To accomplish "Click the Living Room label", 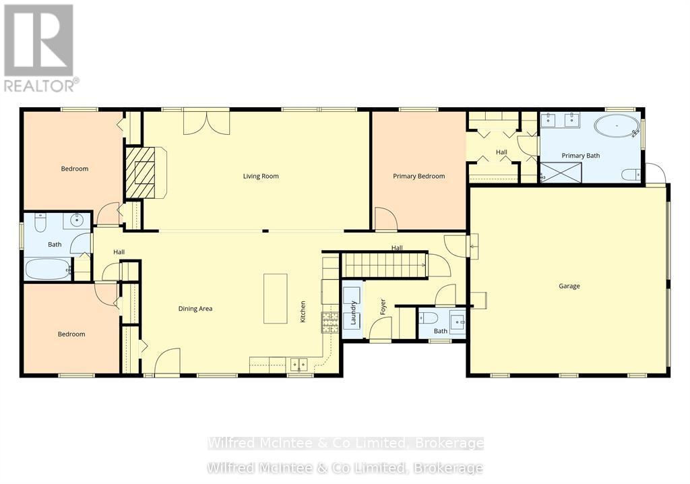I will click(261, 177).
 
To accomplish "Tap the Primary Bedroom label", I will click(418, 177).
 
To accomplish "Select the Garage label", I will click(569, 286).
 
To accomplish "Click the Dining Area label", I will click(195, 309).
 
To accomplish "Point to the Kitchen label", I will click(303, 311).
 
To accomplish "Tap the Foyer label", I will click(383, 307).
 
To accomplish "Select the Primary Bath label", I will click(580, 156).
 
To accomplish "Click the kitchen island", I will click(275, 298).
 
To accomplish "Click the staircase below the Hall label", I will click(384, 265).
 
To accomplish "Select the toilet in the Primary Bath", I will click(631, 175).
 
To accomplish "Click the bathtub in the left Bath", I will click(48, 270).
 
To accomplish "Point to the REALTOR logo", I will click(39, 47).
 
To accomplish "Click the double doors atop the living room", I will click(206, 122).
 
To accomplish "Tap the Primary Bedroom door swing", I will click(385, 219).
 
